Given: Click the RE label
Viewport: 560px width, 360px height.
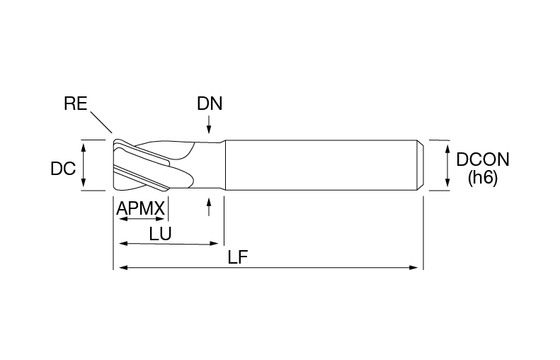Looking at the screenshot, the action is click(x=75, y=103).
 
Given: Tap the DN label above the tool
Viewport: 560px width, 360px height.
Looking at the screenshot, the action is click(x=210, y=103).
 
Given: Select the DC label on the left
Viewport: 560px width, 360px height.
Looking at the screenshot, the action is click(x=63, y=169).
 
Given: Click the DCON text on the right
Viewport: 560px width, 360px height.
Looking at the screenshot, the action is click(x=483, y=159).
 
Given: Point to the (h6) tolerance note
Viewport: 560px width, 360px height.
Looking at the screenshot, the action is click(x=483, y=178).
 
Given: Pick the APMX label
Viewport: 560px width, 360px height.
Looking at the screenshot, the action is click(x=141, y=208).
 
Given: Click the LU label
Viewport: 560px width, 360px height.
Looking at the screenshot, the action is click(x=161, y=234).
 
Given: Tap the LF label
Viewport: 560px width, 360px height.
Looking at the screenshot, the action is click(x=238, y=257).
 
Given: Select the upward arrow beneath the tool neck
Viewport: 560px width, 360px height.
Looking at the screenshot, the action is click(x=210, y=207).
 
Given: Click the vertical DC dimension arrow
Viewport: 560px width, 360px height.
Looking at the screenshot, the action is click(x=84, y=165).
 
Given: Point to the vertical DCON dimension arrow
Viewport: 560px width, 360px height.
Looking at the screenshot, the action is click(x=447, y=166).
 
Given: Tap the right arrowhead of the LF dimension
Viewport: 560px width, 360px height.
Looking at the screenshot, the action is click(x=413, y=267).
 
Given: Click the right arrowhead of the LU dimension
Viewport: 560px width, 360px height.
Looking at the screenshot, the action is click(x=214, y=244).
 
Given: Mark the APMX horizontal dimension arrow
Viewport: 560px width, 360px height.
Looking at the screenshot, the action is click(x=142, y=218).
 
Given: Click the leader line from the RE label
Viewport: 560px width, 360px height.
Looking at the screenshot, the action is click(x=101, y=123).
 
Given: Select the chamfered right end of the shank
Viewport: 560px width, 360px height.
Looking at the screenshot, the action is click(x=421, y=165).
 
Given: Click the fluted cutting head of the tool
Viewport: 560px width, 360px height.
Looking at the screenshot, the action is click(x=154, y=165).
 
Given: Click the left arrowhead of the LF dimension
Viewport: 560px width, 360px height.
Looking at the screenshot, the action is click(x=124, y=267).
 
